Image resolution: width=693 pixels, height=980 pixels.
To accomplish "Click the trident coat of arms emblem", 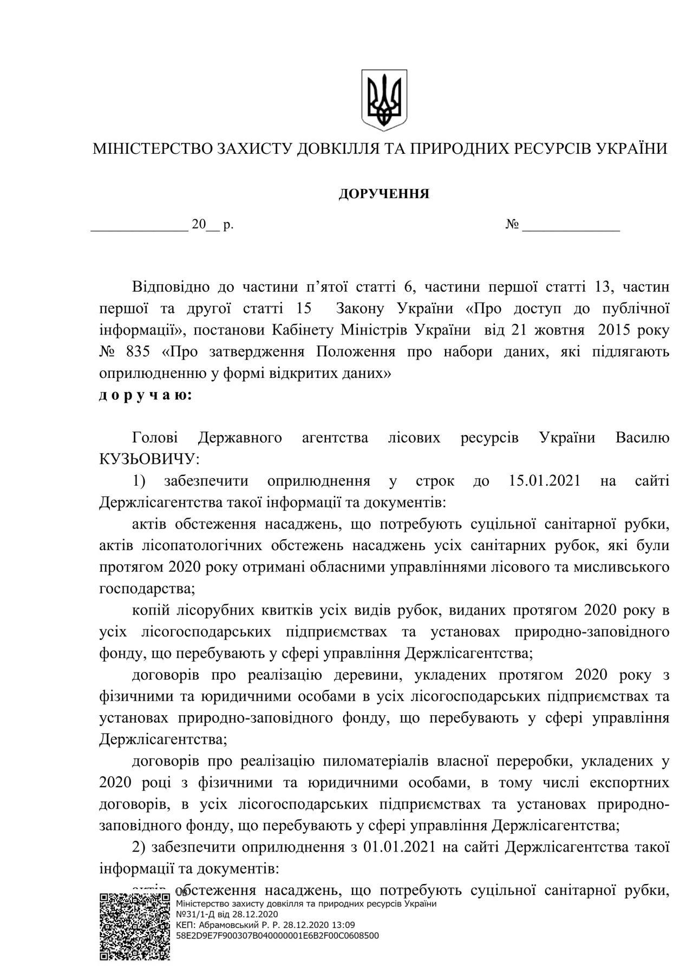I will coord(384,100).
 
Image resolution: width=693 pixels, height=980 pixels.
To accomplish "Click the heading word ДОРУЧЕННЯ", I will coord(384,194).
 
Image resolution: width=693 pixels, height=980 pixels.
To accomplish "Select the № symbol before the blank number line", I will coord(512,225).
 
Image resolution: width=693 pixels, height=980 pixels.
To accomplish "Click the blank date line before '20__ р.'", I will coord(139,226).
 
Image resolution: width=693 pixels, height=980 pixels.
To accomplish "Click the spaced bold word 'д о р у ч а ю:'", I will coord(145,395).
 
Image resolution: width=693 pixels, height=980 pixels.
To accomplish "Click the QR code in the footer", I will coord(135,926).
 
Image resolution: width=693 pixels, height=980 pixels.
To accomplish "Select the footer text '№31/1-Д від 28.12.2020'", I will coord(227,914).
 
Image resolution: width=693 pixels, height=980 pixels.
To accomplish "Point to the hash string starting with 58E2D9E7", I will coord(278,935).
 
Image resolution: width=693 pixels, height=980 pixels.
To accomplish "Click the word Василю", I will coord(643,437).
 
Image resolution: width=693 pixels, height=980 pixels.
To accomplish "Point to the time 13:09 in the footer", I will coord(344,924).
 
